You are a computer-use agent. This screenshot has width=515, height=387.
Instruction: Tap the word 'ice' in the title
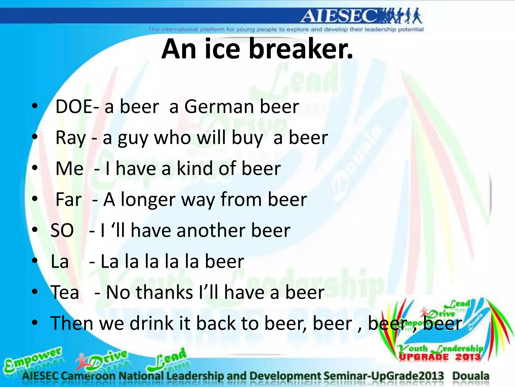223,49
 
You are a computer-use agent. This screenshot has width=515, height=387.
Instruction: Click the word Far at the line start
68,200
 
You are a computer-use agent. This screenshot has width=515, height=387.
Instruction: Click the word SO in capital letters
62,231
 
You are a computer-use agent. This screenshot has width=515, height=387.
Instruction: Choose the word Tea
65,293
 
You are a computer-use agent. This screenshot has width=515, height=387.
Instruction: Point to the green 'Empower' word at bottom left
33,359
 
